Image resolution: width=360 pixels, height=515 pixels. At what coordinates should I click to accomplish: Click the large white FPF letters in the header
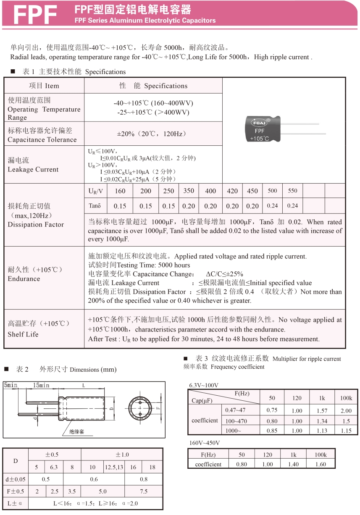point(35,16)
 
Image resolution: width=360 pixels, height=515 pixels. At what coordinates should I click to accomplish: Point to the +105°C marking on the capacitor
point(260,138)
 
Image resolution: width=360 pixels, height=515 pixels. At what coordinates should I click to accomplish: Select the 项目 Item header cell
point(44,86)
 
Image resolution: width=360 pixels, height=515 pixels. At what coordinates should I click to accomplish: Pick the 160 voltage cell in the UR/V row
point(120,191)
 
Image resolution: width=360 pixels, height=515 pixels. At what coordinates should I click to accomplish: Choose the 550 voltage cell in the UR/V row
point(292,191)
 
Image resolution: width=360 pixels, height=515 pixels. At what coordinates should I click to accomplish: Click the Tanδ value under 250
point(168,206)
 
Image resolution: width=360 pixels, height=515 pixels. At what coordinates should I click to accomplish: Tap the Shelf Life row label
point(23,334)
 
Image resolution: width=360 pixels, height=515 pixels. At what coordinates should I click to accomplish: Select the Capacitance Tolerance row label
point(42,139)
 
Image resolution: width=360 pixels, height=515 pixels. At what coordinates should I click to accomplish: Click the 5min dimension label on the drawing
point(11,385)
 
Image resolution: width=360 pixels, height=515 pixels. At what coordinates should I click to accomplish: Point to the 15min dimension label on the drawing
point(40,385)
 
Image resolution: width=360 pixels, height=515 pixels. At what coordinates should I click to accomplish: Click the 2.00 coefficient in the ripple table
point(346,411)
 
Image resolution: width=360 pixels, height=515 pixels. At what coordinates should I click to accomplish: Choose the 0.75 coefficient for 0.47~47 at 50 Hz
point(272,411)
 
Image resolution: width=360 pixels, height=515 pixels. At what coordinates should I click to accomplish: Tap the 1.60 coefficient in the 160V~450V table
point(320,464)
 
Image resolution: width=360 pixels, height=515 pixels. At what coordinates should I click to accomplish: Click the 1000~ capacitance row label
point(234,430)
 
